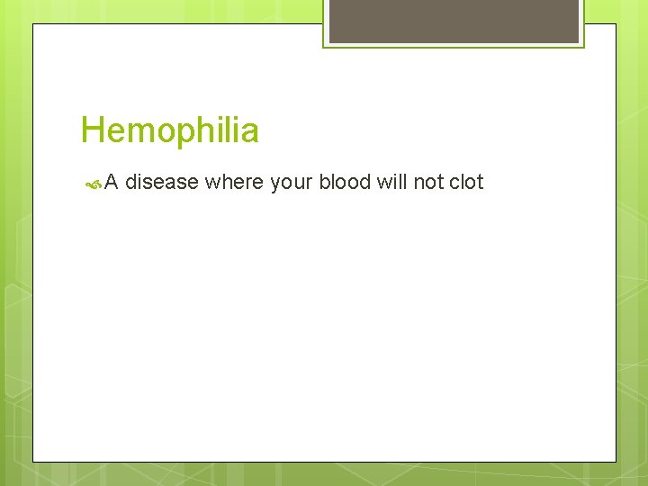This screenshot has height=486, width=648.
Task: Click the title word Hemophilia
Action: (x=169, y=131)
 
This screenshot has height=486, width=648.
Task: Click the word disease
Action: (x=161, y=182)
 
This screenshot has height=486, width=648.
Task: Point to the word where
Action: (x=234, y=182)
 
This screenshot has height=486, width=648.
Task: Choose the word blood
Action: (x=345, y=182)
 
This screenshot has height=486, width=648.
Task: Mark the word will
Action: (x=391, y=182)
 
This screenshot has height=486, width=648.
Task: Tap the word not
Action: (x=427, y=182)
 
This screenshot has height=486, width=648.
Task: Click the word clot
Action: (x=466, y=182)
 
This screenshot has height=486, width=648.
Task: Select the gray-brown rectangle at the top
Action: (x=454, y=21)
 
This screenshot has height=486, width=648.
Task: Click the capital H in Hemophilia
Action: (x=90, y=131)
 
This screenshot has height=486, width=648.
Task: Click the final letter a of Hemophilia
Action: (x=250, y=133)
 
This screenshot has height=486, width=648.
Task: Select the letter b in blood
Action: (x=325, y=182)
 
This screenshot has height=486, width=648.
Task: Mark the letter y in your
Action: (x=274, y=184)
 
